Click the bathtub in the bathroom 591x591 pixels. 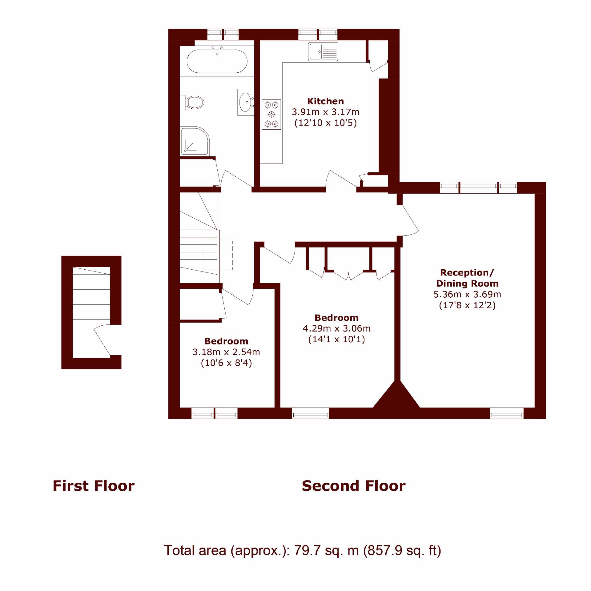pyautogui.click(x=217, y=61)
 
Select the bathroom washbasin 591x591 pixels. pyautogui.click(x=246, y=102)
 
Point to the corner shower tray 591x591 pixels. pyautogui.click(x=195, y=141)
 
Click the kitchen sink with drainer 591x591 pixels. pyautogui.click(x=323, y=51)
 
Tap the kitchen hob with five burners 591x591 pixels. pyautogui.click(x=271, y=115)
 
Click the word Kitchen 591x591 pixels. pyautogui.click(x=325, y=101)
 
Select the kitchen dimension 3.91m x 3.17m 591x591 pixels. pyautogui.click(x=325, y=112)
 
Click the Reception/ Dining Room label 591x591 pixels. pyautogui.click(x=467, y=278)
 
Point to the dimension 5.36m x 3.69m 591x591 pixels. pyautogui.click(x=467, y=294)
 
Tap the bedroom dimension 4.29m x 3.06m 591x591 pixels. pyautogui.click(x=336, y=328)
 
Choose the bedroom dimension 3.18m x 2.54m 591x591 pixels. pyautogui.click(x=226, y=352)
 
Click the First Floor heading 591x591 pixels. pyautogui.click(x=94, y=486)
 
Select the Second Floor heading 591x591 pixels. pyautogui.click(x=353, y=486)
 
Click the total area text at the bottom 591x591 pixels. pyautogui.click(x=302, y=550)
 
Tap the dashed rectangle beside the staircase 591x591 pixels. pyautogui.click(x=218, y=255)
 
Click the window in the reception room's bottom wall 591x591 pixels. pyautogui.click(x=507, y=413)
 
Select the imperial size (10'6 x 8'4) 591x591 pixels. pyautogui.click(x=226, y=363)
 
